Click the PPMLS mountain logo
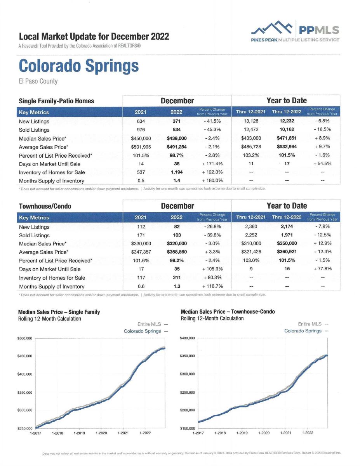(272, 28)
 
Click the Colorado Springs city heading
(79, 66)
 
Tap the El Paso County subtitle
(38, 81)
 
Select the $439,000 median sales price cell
(177, 138)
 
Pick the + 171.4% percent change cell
(212, 163)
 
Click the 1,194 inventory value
(177, 172)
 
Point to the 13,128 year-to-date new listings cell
(251, 121)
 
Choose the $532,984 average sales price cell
(287, 147)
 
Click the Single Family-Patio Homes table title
(56, 101)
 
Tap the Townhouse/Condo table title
(45, 206)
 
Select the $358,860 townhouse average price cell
(177, 252)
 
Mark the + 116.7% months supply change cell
(212, 286)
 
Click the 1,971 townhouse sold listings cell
(287, 235)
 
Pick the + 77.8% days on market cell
(323, 268)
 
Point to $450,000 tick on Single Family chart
(24, 356)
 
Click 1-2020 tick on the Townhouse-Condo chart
(264, 433)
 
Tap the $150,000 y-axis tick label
(188, 428)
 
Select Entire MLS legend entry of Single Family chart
(153, 324)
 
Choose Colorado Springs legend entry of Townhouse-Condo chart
(306, 331)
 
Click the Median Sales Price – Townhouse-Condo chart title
(228, 311)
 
